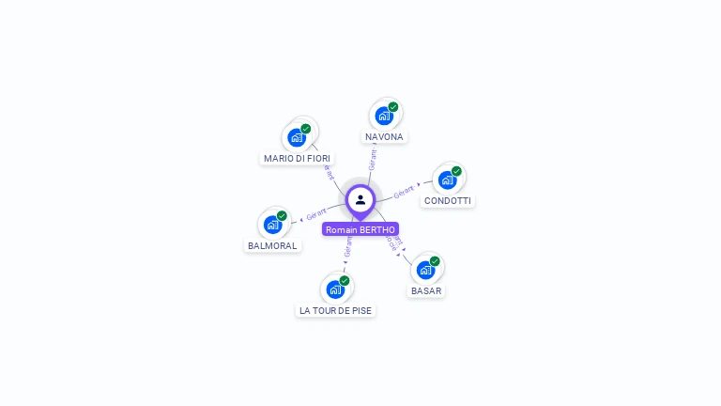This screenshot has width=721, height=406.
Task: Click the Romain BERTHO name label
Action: (360, 229)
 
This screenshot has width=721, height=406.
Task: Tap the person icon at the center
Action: (360, 199)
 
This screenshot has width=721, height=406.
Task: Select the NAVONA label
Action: (384, 137)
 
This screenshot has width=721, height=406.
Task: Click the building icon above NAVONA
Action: (383, 116)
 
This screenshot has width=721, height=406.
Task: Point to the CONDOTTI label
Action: (448, 201)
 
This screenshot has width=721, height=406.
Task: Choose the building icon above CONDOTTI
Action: (447, 180)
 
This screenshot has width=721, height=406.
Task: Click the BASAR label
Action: (426, 291)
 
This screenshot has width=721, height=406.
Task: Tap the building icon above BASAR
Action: (425, 270)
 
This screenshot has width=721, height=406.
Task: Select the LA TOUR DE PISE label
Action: (335, 310)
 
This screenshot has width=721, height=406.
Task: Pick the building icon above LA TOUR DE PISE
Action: (335, 289)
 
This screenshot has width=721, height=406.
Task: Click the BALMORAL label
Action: (272, 246)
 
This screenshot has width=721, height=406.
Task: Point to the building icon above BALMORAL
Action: (272, 225)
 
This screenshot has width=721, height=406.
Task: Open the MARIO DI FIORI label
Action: (297, 159)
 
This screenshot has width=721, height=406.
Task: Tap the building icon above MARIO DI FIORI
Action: (297, 137)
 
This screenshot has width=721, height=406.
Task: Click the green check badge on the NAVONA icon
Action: (393, 107)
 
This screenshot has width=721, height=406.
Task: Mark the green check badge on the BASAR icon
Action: (435, 261)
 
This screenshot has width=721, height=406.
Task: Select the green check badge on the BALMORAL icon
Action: (282, 216)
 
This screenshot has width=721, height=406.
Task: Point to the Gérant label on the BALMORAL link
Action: (316, 214)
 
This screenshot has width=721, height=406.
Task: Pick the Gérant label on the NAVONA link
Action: (373, 158)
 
